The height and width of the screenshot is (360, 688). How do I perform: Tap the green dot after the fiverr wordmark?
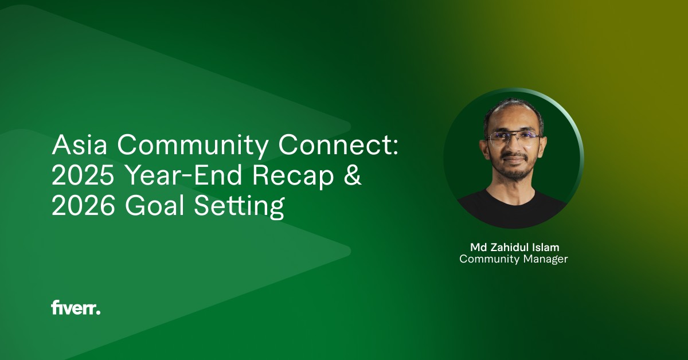[x=98, y=312]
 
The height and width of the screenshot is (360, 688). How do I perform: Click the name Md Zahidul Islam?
[x=514, y=247]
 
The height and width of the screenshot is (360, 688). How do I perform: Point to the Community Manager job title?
[x=514, y=259]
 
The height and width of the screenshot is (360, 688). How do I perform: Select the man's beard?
[x=513, y=170]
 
